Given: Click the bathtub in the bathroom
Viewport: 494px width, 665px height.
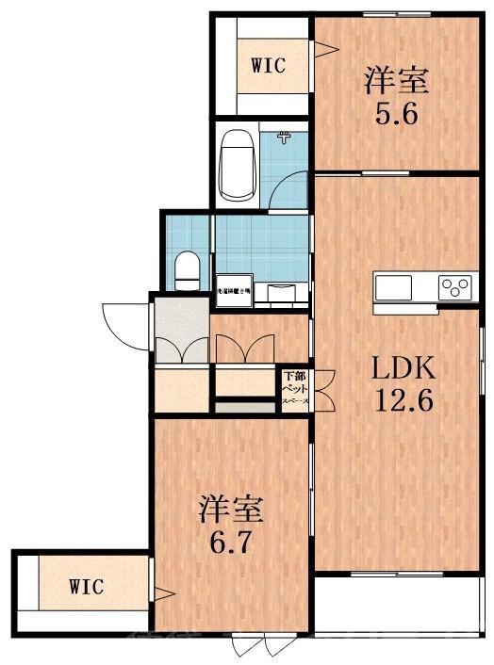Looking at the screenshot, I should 236,166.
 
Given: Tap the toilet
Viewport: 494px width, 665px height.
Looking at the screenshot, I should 187,269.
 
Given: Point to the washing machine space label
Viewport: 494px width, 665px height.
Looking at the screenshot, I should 234,292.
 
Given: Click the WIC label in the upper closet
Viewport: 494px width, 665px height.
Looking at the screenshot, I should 267,65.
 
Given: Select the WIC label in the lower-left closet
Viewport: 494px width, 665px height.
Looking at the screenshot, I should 86,586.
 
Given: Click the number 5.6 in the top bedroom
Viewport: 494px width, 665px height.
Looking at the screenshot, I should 396,119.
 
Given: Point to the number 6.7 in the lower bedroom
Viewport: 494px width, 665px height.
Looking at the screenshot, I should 230,543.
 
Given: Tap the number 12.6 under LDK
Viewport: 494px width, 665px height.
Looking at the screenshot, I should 404,401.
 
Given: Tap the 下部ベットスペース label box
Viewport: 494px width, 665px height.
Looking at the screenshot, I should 291,389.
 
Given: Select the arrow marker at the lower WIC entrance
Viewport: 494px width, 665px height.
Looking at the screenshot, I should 163,594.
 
